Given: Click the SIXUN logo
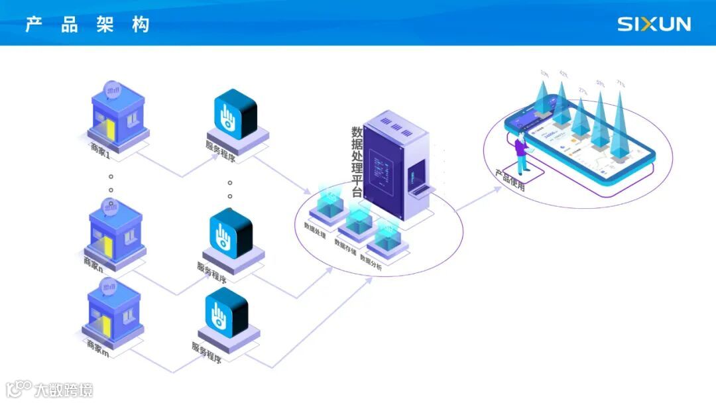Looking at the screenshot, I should click(x=654, y=25).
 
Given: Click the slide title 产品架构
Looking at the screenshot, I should click(x=88, y=25).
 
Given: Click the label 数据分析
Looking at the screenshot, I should click(x=371, y=260).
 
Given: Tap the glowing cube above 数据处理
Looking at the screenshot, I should click(x=329, y=202).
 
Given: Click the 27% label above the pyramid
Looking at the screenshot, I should click(x=583, y=91).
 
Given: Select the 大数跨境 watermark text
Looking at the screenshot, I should click(x=64, y=389).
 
